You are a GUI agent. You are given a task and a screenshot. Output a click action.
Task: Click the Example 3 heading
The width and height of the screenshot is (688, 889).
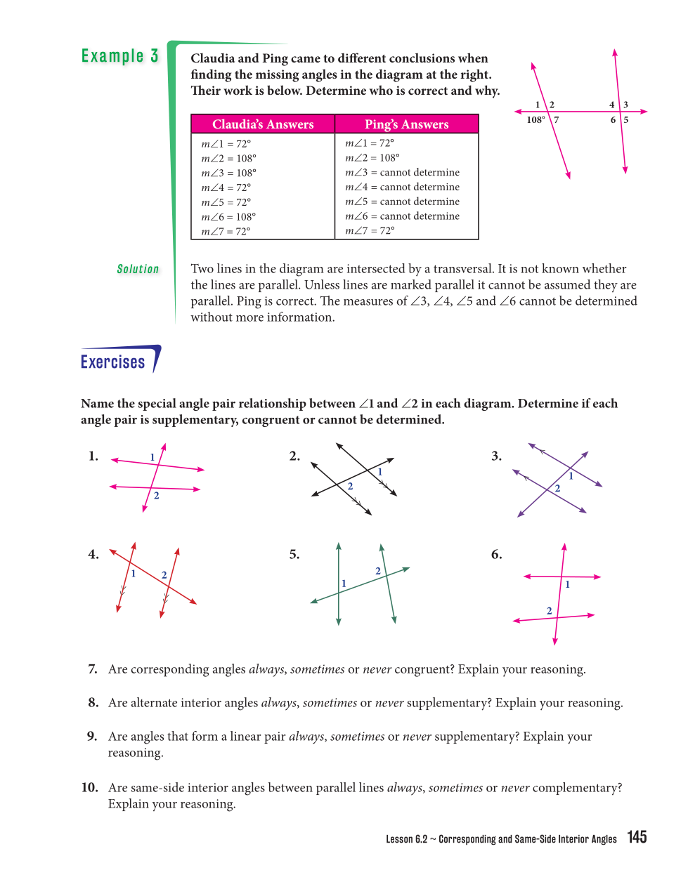click(119, 56)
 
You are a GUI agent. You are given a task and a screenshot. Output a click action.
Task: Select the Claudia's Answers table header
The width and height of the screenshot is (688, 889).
click(263, 124)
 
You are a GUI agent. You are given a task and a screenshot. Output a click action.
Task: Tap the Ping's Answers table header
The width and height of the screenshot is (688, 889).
click(406, 124)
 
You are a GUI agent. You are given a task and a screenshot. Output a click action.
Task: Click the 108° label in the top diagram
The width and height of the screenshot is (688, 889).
click(536, 120)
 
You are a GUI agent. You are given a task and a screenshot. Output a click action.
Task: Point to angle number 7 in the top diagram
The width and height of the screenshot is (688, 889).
click(557, 120)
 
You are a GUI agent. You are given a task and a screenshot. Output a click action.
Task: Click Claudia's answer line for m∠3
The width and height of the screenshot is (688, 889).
click(229, 173)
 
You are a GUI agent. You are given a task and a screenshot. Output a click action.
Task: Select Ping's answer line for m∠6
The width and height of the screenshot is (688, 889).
click(402, 216)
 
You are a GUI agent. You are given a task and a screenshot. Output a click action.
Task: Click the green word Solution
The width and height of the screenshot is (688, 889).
click(138, 269)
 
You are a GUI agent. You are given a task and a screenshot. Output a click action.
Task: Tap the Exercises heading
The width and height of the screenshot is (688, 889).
click(113, 362)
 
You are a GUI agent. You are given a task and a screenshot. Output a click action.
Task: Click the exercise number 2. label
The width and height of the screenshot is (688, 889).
click(294, 456)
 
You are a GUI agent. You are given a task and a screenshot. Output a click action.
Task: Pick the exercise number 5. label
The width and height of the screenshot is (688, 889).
click(294, 555)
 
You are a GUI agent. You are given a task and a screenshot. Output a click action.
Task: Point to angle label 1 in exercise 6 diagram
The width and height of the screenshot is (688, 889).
click(568, 584)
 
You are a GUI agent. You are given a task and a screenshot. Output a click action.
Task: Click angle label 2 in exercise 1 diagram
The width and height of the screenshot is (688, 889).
click(157, 496)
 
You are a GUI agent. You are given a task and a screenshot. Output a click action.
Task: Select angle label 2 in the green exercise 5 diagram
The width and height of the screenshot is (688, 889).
click(378, 571)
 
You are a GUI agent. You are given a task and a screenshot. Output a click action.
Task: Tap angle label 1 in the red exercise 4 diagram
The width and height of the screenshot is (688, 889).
click(134, 574)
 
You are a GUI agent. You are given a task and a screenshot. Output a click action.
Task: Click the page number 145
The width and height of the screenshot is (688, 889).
click(637, 837)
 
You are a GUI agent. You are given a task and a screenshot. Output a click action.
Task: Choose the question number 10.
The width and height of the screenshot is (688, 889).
click(89, 788)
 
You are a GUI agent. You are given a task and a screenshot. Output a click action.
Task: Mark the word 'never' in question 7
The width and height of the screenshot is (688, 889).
click(377, 670)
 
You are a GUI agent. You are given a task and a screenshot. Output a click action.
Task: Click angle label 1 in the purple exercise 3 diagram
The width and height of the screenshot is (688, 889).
click(571, 476)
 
